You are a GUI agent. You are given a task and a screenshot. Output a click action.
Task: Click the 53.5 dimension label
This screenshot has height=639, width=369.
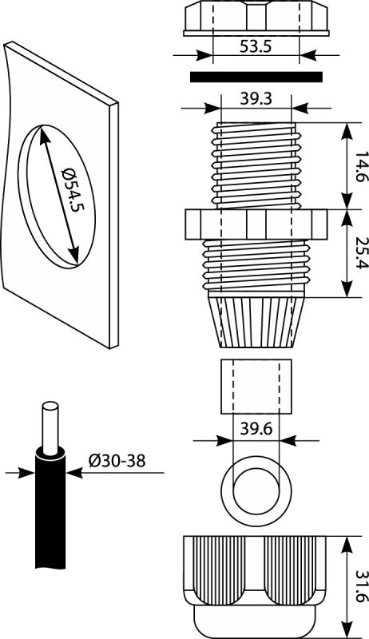256,46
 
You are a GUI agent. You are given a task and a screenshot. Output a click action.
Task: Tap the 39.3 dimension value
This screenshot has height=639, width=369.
256,99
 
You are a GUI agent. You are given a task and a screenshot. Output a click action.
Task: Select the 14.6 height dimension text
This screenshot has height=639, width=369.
361,167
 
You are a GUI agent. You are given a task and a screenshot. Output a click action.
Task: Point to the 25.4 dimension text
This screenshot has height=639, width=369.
361,253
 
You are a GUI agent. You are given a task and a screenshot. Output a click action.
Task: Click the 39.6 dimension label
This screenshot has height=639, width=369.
256,429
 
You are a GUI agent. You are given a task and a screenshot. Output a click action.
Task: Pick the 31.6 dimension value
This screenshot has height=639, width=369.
361,586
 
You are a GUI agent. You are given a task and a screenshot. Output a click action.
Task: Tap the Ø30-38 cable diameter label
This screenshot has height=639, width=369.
117,461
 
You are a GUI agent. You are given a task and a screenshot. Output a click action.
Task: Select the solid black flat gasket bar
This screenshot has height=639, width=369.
256,77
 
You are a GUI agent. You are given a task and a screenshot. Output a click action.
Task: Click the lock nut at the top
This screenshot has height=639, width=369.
256,18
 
